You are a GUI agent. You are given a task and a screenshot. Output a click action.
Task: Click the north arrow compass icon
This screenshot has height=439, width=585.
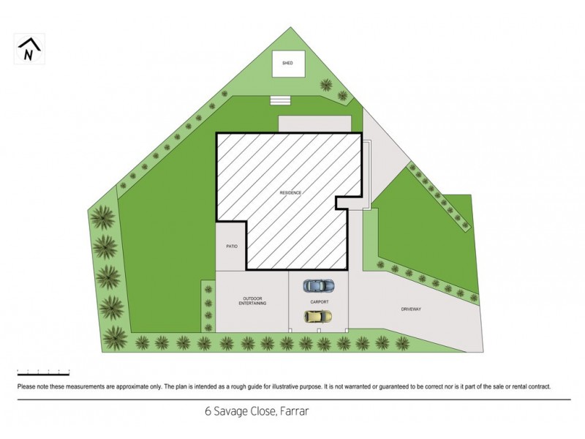[29, 49]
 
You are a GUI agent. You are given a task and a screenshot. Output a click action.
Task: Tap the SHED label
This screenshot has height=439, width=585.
[287, 64]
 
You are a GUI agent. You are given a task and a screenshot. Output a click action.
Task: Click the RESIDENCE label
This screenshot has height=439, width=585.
[290, 192]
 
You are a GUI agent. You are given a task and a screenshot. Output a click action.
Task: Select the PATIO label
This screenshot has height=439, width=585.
[232, 247]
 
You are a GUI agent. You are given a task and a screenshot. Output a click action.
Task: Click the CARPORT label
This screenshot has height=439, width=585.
[319, 301]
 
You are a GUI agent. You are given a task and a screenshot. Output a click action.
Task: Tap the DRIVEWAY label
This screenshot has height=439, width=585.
[411, 309]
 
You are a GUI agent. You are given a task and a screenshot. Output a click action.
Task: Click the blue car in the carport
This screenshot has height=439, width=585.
[319, 285]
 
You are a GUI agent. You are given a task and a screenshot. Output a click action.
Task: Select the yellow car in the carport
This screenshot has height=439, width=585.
[318, 316]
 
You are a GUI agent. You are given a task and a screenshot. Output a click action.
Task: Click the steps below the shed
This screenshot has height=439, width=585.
[280, 100]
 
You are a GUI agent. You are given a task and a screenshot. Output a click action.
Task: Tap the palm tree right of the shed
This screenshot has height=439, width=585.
[343, 95]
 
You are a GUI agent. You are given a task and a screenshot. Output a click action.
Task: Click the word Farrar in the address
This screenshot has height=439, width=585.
[294, 412]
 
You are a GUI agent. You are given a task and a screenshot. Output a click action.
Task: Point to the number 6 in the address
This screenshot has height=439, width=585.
[208, 412]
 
